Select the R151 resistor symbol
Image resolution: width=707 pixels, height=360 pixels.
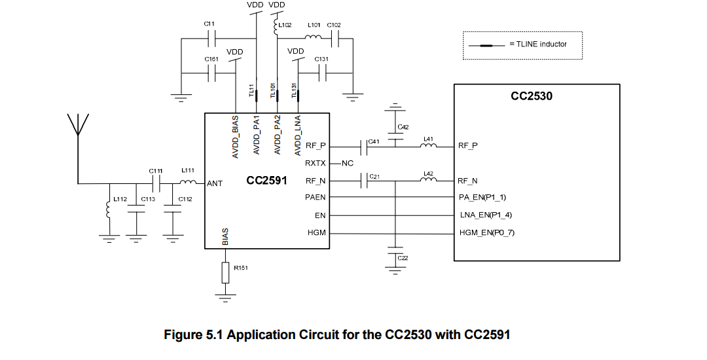pyautogui.click(x=226, y=273)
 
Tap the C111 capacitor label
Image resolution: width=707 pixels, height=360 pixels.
pyautogui.click(x=155, y=171)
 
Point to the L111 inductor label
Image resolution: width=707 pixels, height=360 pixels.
pyautogui.click(x=188, y=170)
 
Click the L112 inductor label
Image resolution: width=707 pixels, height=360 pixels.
pyautogui.click(x=120, y=198)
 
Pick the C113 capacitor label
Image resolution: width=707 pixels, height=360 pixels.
pyautogui.click(x=148, y=198)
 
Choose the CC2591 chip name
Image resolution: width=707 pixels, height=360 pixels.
pyautogui.click(x=266, y=180)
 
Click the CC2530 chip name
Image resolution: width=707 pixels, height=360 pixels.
pyautogui.click(x=531, y=96)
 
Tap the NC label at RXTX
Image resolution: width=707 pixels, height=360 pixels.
pyautogui.click(x=348, y=163)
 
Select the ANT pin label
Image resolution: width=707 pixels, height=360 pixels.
pyautogui.click(x=215, y=184)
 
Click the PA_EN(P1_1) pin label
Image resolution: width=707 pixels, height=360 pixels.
pyautogui.click(x=483, y=197)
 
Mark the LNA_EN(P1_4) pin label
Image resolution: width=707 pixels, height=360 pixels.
pyautogui.click(x=485, y=215)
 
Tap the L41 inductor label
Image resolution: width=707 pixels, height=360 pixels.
pyautogui.click(x=429, y=139)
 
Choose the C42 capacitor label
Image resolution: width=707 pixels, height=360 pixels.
pyautogui.click(x=403, y=126)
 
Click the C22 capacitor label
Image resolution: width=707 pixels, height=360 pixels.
pyautogui.click(x=403, y=258)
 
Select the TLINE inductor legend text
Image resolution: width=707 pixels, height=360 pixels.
pyautogui.click(x=537, y=45)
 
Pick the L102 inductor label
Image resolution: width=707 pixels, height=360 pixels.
pyautogui.click(x=285, y=25)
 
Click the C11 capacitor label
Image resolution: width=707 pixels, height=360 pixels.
pyautogui.click(x=209, y=24)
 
